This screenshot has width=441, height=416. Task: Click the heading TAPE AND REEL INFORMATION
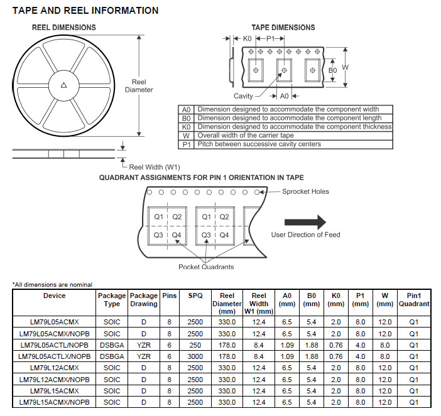tap(85, 11)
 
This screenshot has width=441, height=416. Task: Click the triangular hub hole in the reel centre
tap(64, 85)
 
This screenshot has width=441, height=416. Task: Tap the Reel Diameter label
tap(139, 86)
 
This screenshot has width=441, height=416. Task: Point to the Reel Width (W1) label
tap(155, 167)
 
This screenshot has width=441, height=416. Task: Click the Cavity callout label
tap(243, 96)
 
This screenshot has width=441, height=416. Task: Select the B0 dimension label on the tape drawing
tap(333, 70)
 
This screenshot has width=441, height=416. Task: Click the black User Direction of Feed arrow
tap(305, 222)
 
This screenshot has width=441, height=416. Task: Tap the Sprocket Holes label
tap(305, 191)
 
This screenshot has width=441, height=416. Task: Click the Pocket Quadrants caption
tap(206, 267)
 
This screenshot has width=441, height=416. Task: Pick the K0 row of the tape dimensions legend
tap(285, 127)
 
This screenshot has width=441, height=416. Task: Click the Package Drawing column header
tap(144, 300)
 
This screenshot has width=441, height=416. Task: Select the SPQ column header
tap(195, 296)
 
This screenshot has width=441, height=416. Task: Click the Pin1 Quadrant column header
tap(414, 300)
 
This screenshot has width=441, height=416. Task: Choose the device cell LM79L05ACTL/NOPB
tap(54, 345)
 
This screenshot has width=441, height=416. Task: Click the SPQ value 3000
tap(195, 356)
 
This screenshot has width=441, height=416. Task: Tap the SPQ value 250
tap(195, 345)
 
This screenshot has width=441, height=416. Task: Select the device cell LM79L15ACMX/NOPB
tap(54, 402)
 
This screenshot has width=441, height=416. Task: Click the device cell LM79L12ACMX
tap(54, 368)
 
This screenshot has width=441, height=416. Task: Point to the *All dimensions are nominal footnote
tap(52, 284)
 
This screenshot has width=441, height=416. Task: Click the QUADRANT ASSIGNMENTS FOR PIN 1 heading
tap(202, 178)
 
